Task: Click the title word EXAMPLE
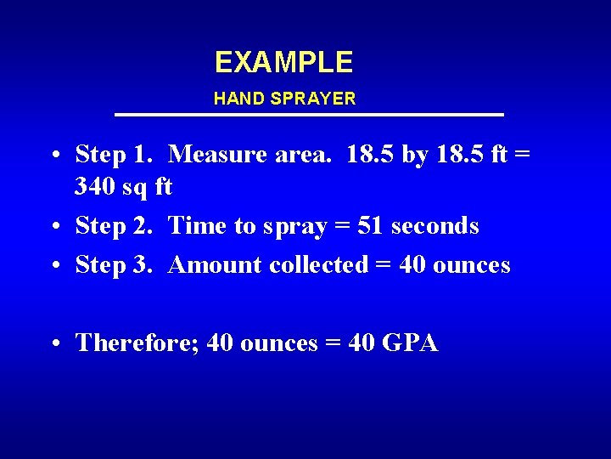coord(283,62)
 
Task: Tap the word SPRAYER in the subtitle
coord(313,99)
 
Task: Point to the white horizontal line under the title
coord(309,115)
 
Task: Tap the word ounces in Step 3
coord(472,265)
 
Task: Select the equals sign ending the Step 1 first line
coord(522,155)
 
